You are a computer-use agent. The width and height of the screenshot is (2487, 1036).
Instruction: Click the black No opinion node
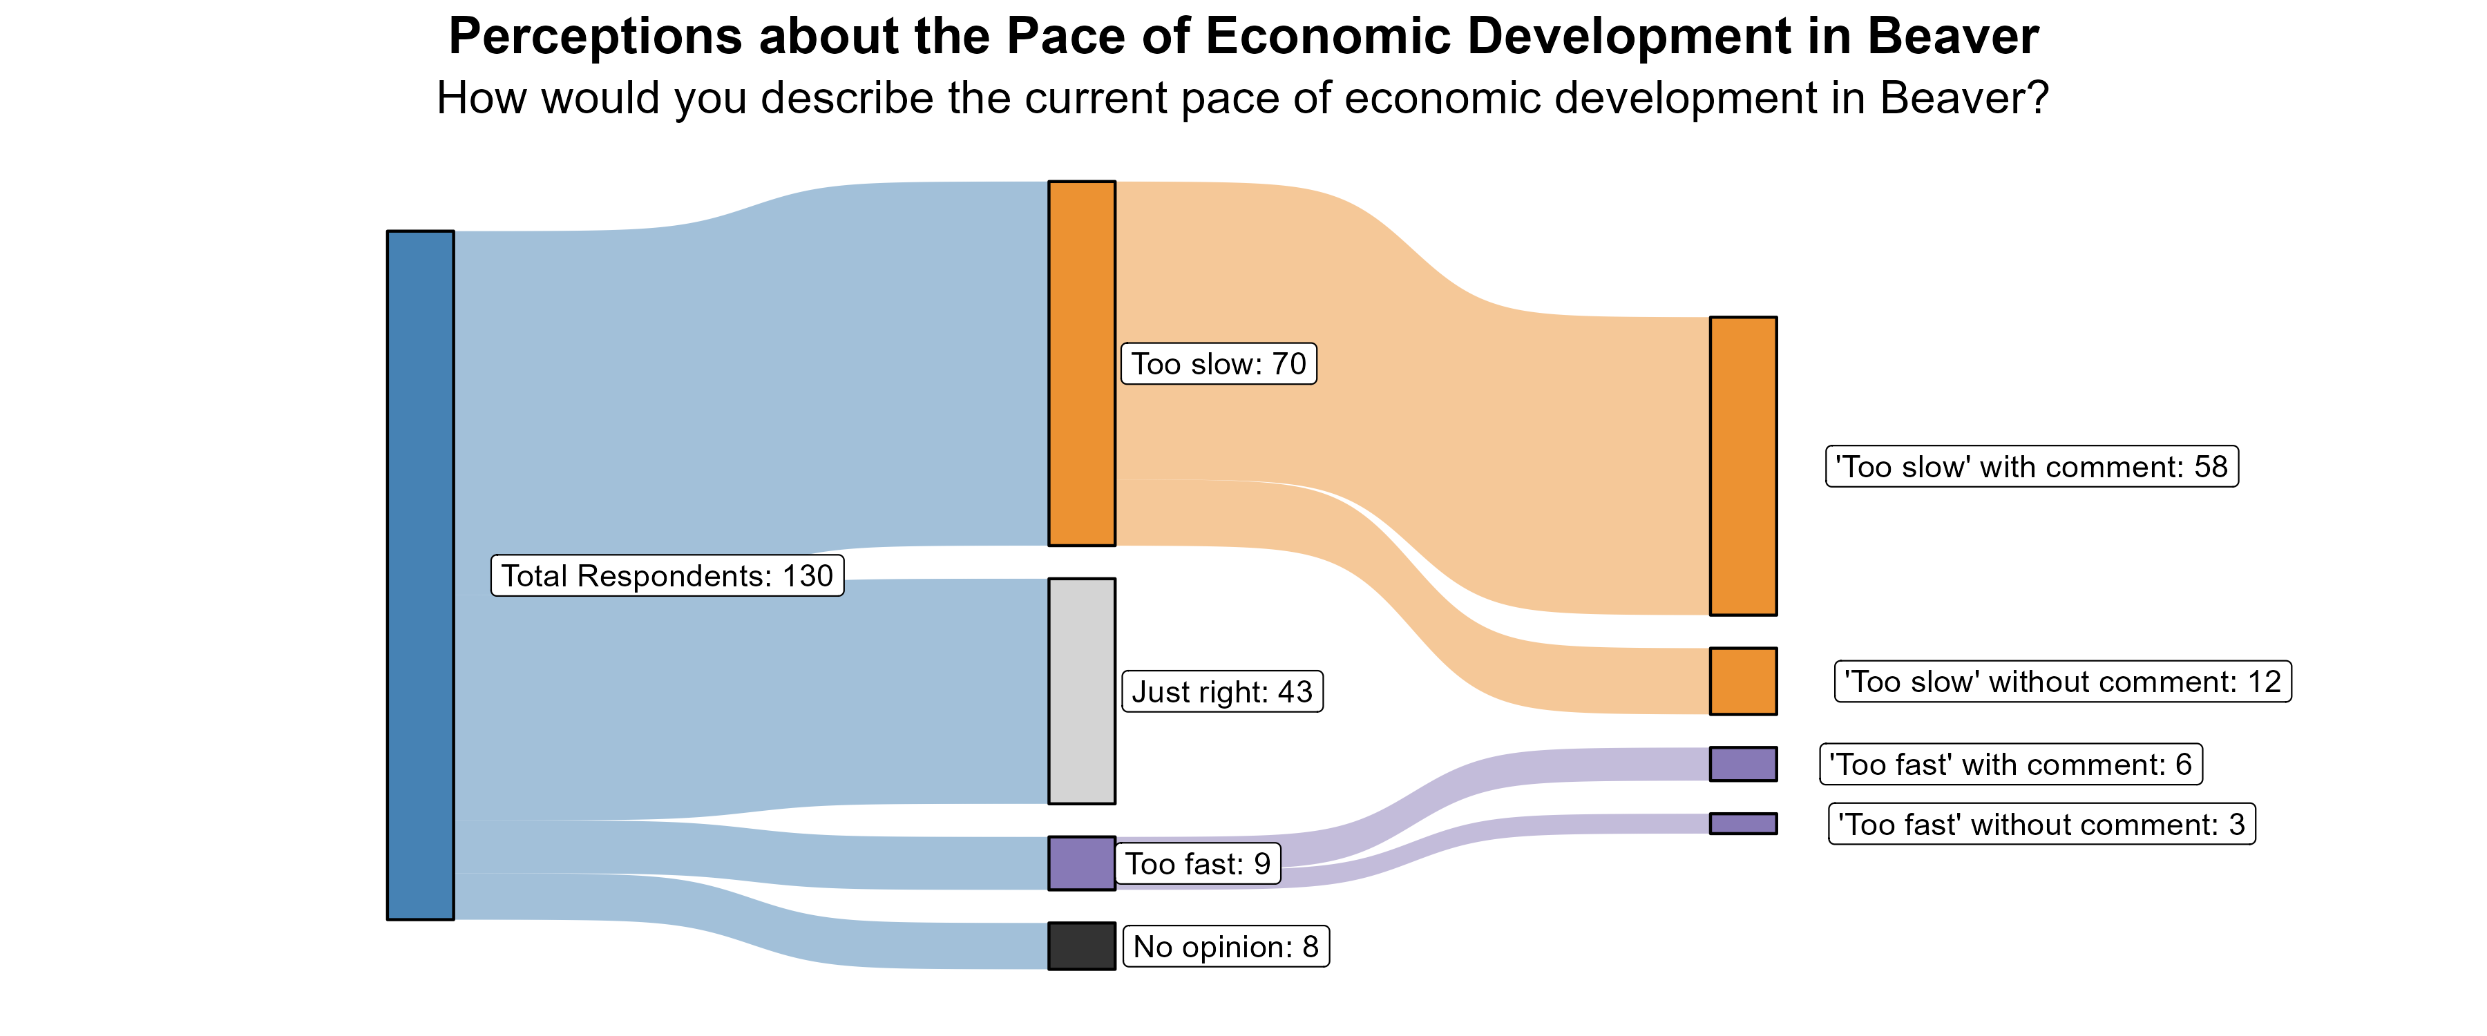tap(1081, 946)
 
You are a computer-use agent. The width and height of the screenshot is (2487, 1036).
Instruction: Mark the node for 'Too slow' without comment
tap(1743, 681)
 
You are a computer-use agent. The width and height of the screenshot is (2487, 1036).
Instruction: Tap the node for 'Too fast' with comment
tap(1743, 764)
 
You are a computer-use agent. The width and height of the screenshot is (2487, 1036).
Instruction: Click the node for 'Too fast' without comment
tap(1743, 823)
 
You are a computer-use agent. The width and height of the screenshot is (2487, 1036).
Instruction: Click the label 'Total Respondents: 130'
tap(667, 575)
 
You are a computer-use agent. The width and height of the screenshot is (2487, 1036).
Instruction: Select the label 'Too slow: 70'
tap(1219, 364)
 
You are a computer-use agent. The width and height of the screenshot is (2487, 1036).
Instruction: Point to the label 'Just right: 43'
tap(1221, 691)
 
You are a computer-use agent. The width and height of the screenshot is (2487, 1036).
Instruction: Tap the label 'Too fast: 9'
tap(1197, 863)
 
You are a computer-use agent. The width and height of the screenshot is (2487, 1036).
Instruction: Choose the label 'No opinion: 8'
tap(1226, 946)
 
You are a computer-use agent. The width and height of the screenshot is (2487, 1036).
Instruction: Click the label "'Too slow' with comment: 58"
tap(2031, 466)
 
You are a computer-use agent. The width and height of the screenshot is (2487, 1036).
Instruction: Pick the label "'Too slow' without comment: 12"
tap(2062, 682)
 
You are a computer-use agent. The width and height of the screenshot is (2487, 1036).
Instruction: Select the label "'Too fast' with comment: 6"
tap(2010, 764)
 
